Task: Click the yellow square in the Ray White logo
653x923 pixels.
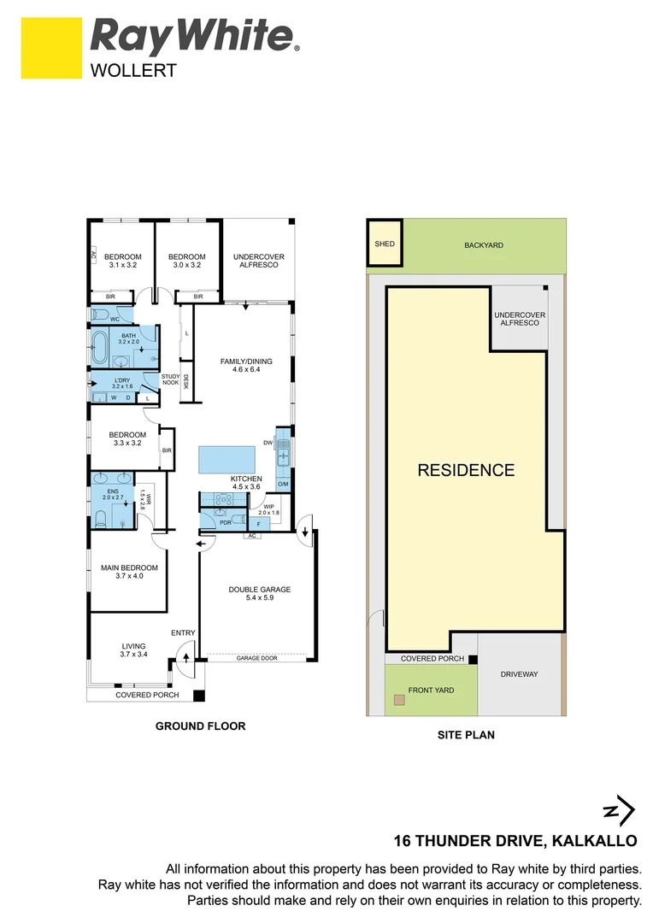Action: pyautogui.click(x=51, y=48)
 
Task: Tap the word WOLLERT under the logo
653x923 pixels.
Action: pyautogui.click(x=133, y=71)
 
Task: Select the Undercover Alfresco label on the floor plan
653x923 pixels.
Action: pyautogui.click(x=258, y=261)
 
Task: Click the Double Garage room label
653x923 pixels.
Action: pyautogui.click(x=260, y=593)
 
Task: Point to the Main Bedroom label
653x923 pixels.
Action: pyautogui.click(x=130, y=572)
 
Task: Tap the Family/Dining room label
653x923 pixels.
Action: pyautogui.click(x=246, y=365)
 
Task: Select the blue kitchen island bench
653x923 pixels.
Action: pyautogui.click(x=227, y=460)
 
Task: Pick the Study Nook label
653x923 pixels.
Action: pyautogui.click(x=171, y=379)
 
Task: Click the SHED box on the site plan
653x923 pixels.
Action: pyautogui.click(x=385, y=243)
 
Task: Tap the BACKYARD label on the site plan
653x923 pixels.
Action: pyautogui.click(x=484, y=245)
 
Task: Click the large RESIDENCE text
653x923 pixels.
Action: pyautogui.click(x=466, y=470)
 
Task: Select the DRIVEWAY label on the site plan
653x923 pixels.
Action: pyautogui.click(x=520, y=674)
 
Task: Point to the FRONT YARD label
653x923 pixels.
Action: pyautogui.click(x=431, y=690)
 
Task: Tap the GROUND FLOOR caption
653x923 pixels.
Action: pyautogui.click(x=200, y=726)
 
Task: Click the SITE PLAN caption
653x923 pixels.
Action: pyautogui.click(x=466, y=735)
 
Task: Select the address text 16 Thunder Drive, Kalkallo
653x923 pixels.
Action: pyautogui.click(x=515, y=841)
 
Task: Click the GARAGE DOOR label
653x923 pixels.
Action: pyautogui.click(x=256, y=658)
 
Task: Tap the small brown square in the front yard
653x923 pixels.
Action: pyautogui.click(x=400, y=700)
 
